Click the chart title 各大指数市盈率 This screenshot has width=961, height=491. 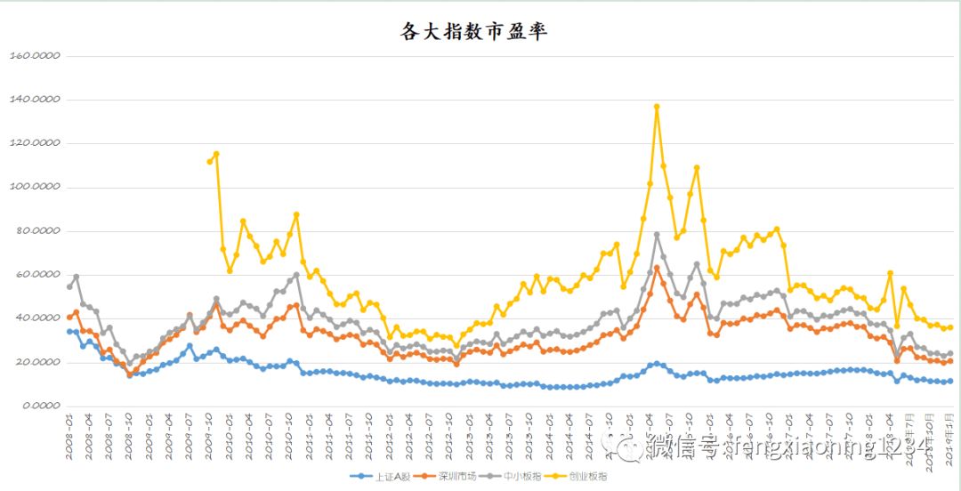click(x=474, y=32)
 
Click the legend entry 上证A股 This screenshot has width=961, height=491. click(x=384, y=477)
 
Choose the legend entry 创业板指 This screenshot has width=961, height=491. click(x=584, y=477)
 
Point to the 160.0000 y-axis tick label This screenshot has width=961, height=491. click(x=34, y=55)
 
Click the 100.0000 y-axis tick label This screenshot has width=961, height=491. click(x=34, y=187)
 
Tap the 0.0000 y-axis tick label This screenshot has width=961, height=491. click(x=38, y=406)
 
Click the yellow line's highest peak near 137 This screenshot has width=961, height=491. click(x=657, y=107)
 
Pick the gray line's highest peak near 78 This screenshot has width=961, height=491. click(x=657, y=235)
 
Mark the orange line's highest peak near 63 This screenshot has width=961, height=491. click(x=657, y=268)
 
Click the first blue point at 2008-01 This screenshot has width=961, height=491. click(x=69, y=332)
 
